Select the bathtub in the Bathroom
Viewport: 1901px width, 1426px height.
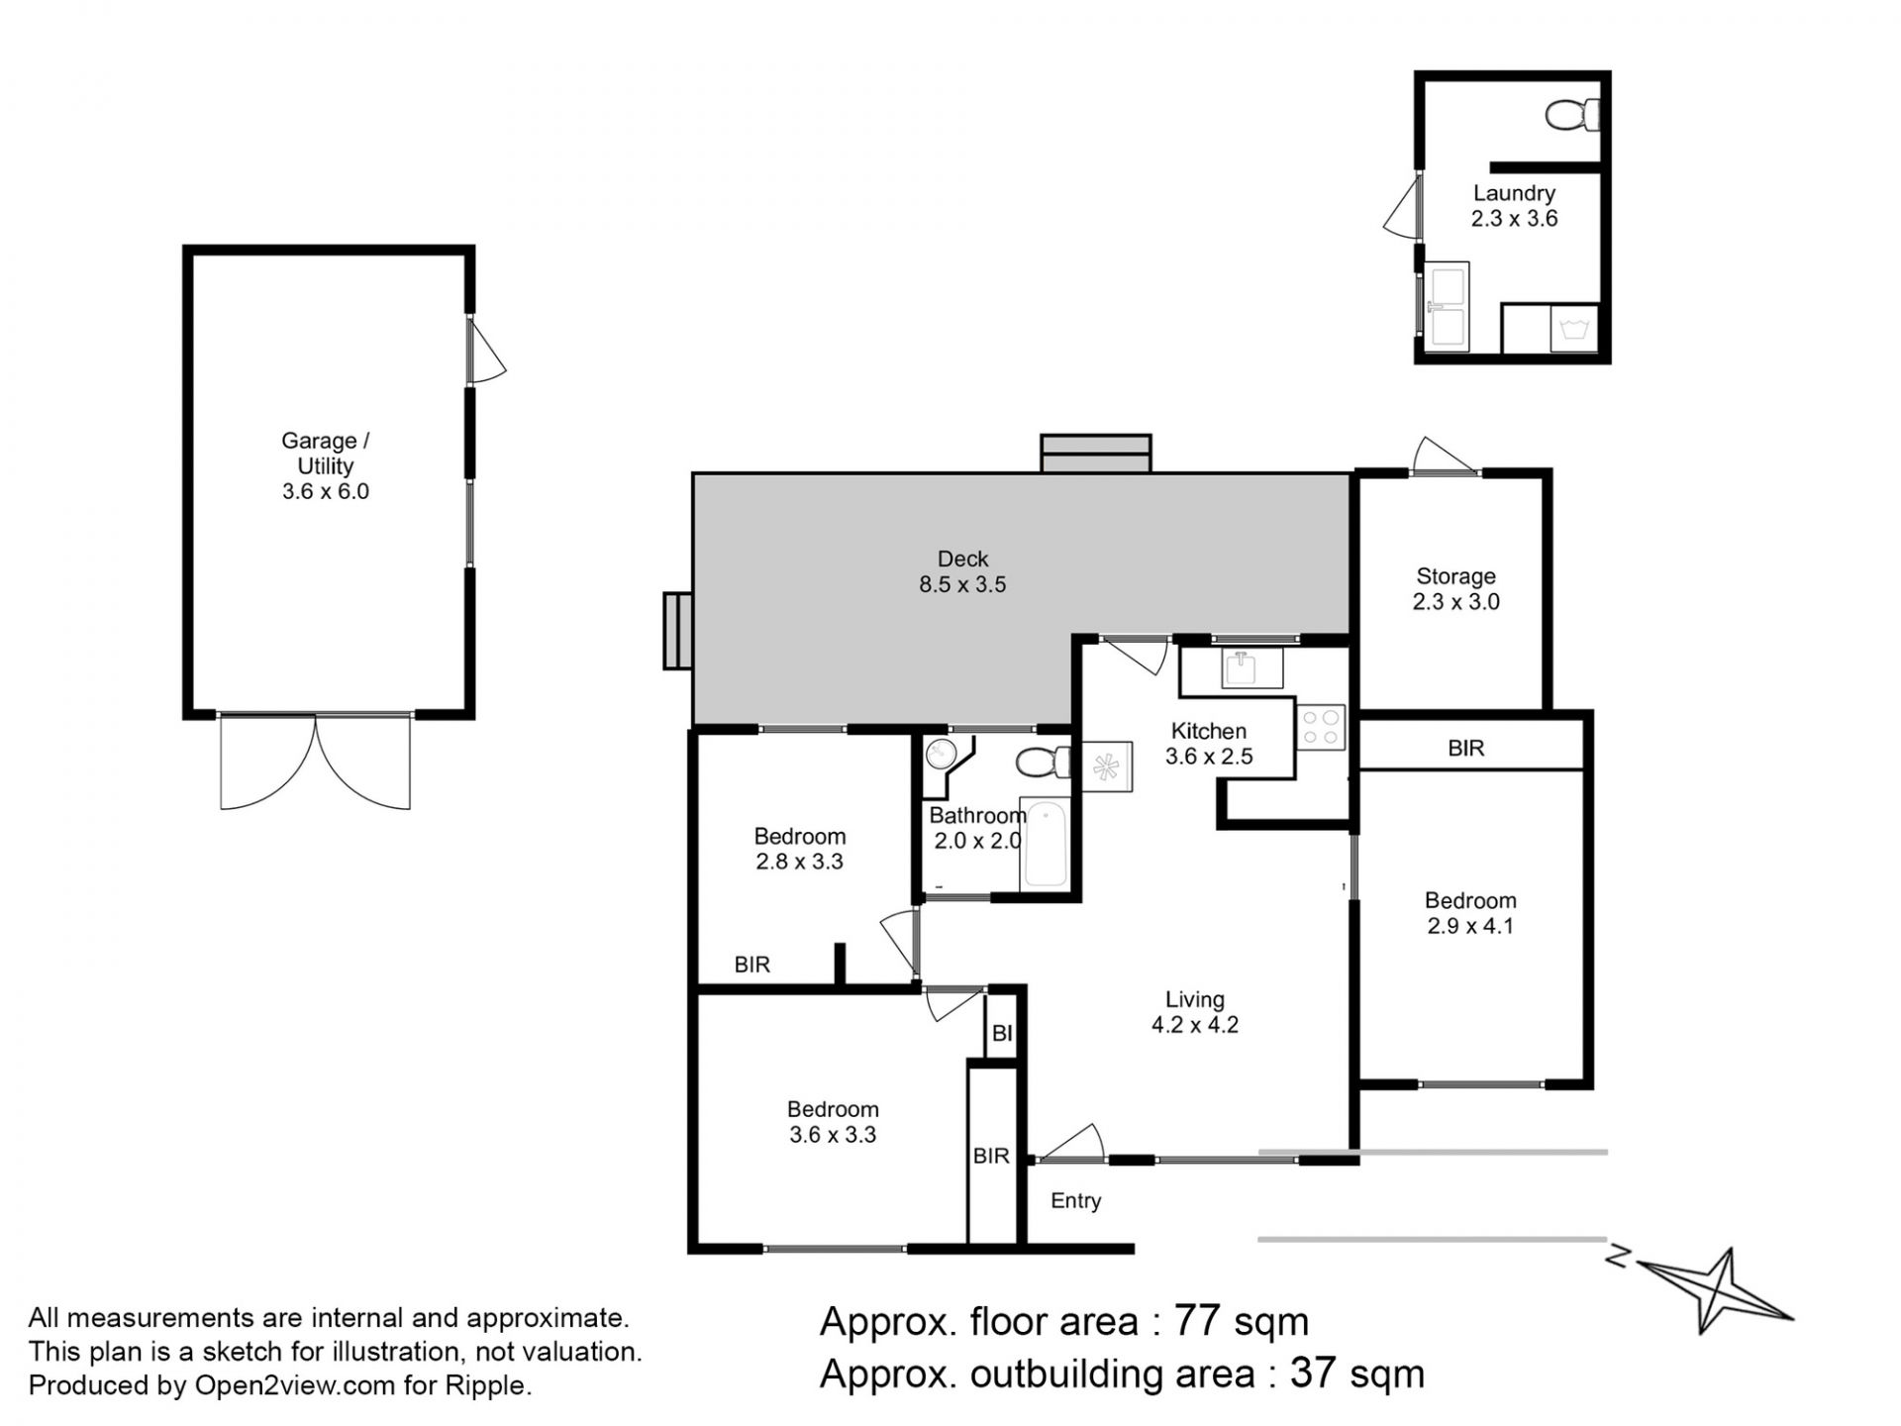[x=1046, y=844]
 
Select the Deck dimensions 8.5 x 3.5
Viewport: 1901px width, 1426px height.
[x=962, y=584]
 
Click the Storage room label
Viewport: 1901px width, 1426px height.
[x=1455, y=576]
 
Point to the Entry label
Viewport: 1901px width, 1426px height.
[x=1076, y=1201]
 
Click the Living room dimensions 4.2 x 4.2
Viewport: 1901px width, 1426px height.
[x=1195, y=1025]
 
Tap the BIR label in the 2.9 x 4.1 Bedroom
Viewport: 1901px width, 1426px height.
[x=1466, y=748]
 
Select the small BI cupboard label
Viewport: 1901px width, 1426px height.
[x=1002, y=1033]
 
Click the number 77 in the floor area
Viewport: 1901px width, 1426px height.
[x=1196, y=1322]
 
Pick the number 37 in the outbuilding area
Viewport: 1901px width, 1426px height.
[x=1312, y=1375]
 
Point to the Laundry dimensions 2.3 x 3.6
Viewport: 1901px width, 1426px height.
[x=1514, y=219]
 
